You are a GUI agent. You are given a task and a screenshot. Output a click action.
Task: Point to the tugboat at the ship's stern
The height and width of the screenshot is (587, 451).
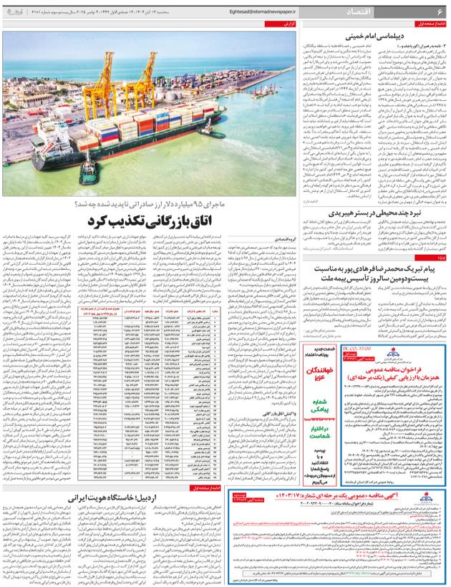[87, 172]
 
